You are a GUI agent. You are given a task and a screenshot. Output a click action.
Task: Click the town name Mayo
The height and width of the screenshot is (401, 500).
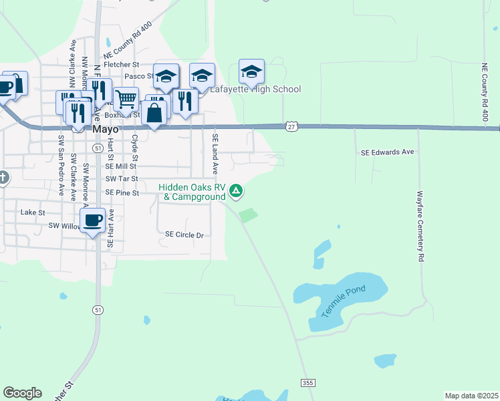click(x=106, y=129)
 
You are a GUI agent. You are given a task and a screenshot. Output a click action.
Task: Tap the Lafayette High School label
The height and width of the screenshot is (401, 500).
click(x=256, y=90)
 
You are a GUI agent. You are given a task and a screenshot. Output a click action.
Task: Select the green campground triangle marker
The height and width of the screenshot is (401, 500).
click(x=235, y=192)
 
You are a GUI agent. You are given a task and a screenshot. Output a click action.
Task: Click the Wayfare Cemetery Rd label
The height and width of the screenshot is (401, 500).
click(x=421, y=227)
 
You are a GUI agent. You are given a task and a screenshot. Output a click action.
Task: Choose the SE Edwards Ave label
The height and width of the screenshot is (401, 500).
click(x=388, y=152)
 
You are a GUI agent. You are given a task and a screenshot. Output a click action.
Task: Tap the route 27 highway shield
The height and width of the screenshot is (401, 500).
click(x=290, y=126)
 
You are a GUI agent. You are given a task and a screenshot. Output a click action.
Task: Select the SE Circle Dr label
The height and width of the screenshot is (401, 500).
click(x=184, y=235)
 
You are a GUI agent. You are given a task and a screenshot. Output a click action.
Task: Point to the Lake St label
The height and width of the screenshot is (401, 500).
click(x=33, y=212)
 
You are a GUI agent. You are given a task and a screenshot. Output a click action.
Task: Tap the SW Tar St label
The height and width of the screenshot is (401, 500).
click(x=122, y=179)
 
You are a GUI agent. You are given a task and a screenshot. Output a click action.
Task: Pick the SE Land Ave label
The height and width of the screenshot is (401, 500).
click(x=215, y=154)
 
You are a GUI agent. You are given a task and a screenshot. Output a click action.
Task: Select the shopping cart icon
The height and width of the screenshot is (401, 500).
click(x=126, y=99)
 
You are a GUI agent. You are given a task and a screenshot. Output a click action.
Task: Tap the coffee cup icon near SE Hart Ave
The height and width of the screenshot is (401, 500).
click(x=92, y=220)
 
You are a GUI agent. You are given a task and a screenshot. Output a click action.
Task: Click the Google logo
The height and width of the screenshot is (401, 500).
click(x=22, y=393)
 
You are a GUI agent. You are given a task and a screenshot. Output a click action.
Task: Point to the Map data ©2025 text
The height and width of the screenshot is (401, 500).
click(x=471, y=396)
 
